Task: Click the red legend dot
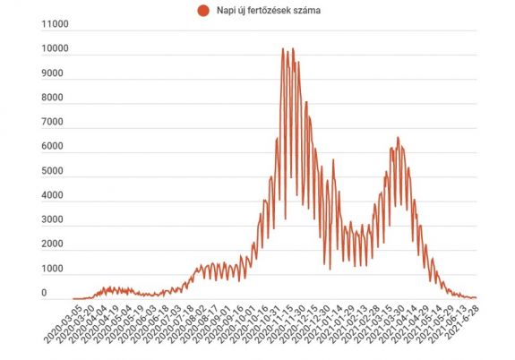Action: click(x=202, y=11)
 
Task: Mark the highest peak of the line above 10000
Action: click(x=283, y=48)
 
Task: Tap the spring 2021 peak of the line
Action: click(x=398, y=138)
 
